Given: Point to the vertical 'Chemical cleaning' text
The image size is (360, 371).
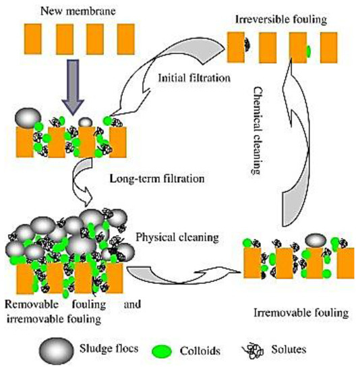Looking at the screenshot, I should point(259,128).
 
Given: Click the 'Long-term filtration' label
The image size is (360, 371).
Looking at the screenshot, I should point(156,179).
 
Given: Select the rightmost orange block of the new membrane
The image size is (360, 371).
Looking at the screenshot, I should point(125,42).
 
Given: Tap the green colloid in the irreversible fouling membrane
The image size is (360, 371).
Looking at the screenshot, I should point(308,51).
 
